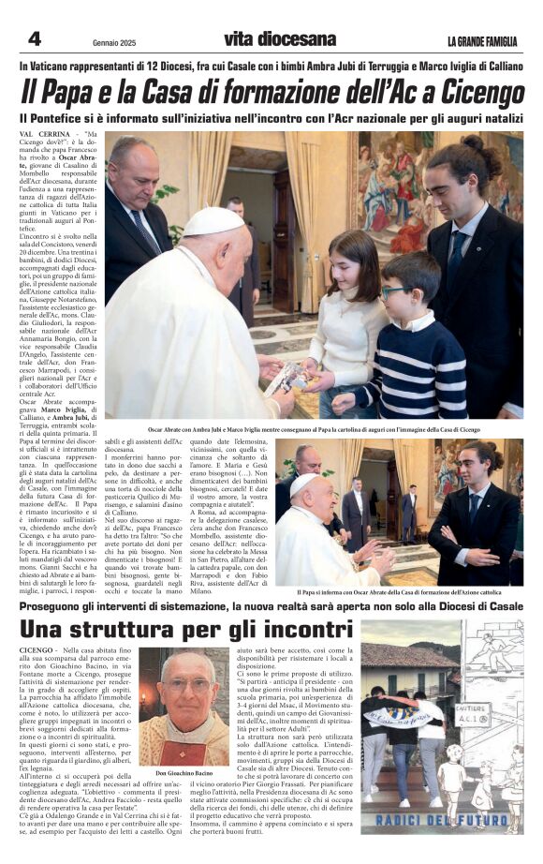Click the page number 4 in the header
tap(34, 38)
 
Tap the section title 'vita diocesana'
tap(279, 39)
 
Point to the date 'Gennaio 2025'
tap(114, 42)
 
